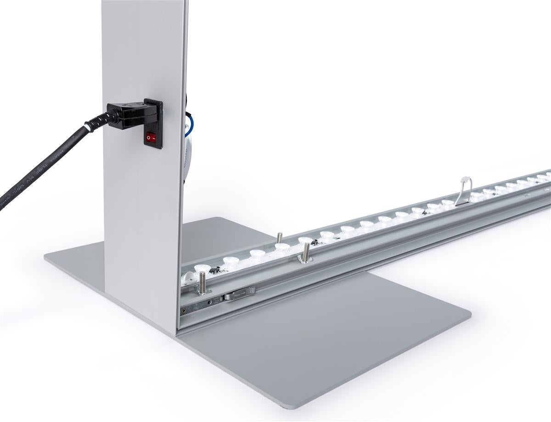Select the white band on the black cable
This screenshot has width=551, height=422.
click(86, 127)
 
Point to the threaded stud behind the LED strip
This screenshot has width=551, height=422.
click(279, 238)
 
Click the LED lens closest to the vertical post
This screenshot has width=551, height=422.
click(201, 268)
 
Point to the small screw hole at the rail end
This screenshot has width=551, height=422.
click(185, 311)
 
